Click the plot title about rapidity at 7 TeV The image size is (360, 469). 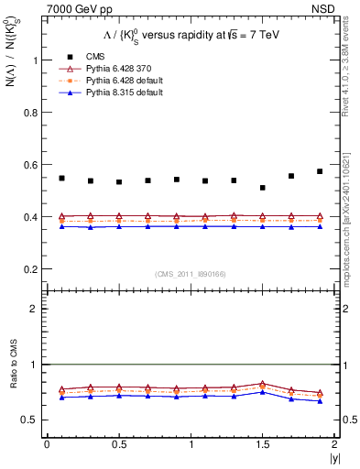point(184,36)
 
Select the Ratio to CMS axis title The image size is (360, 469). point(11,378)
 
